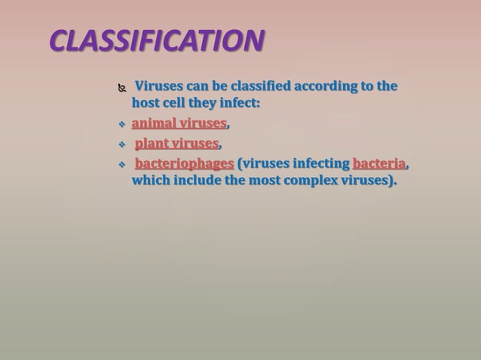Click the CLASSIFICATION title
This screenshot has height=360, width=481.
[157, 41]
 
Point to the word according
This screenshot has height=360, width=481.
[320, 86]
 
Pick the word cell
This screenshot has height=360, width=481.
[178, 102]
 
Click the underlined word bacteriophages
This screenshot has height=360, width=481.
[184, 163]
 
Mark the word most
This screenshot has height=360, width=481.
[273, 181]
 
